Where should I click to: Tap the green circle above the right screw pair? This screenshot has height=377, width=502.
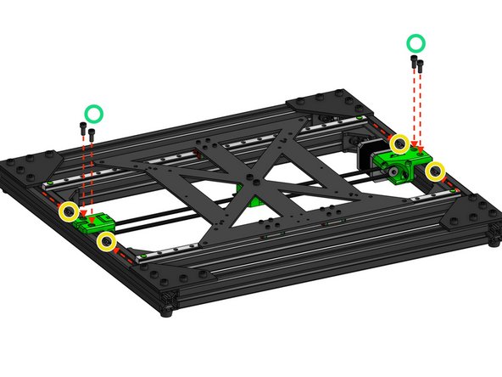click(x=416, y=42)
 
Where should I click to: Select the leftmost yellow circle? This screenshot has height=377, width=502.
click(x=68, y=211)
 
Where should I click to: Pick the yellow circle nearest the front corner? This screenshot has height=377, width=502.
click(x=106, y=242)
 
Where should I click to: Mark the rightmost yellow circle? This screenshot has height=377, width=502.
click(x=435, y=172)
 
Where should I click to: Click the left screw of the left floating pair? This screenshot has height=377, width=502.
click(x=82, y=131)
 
